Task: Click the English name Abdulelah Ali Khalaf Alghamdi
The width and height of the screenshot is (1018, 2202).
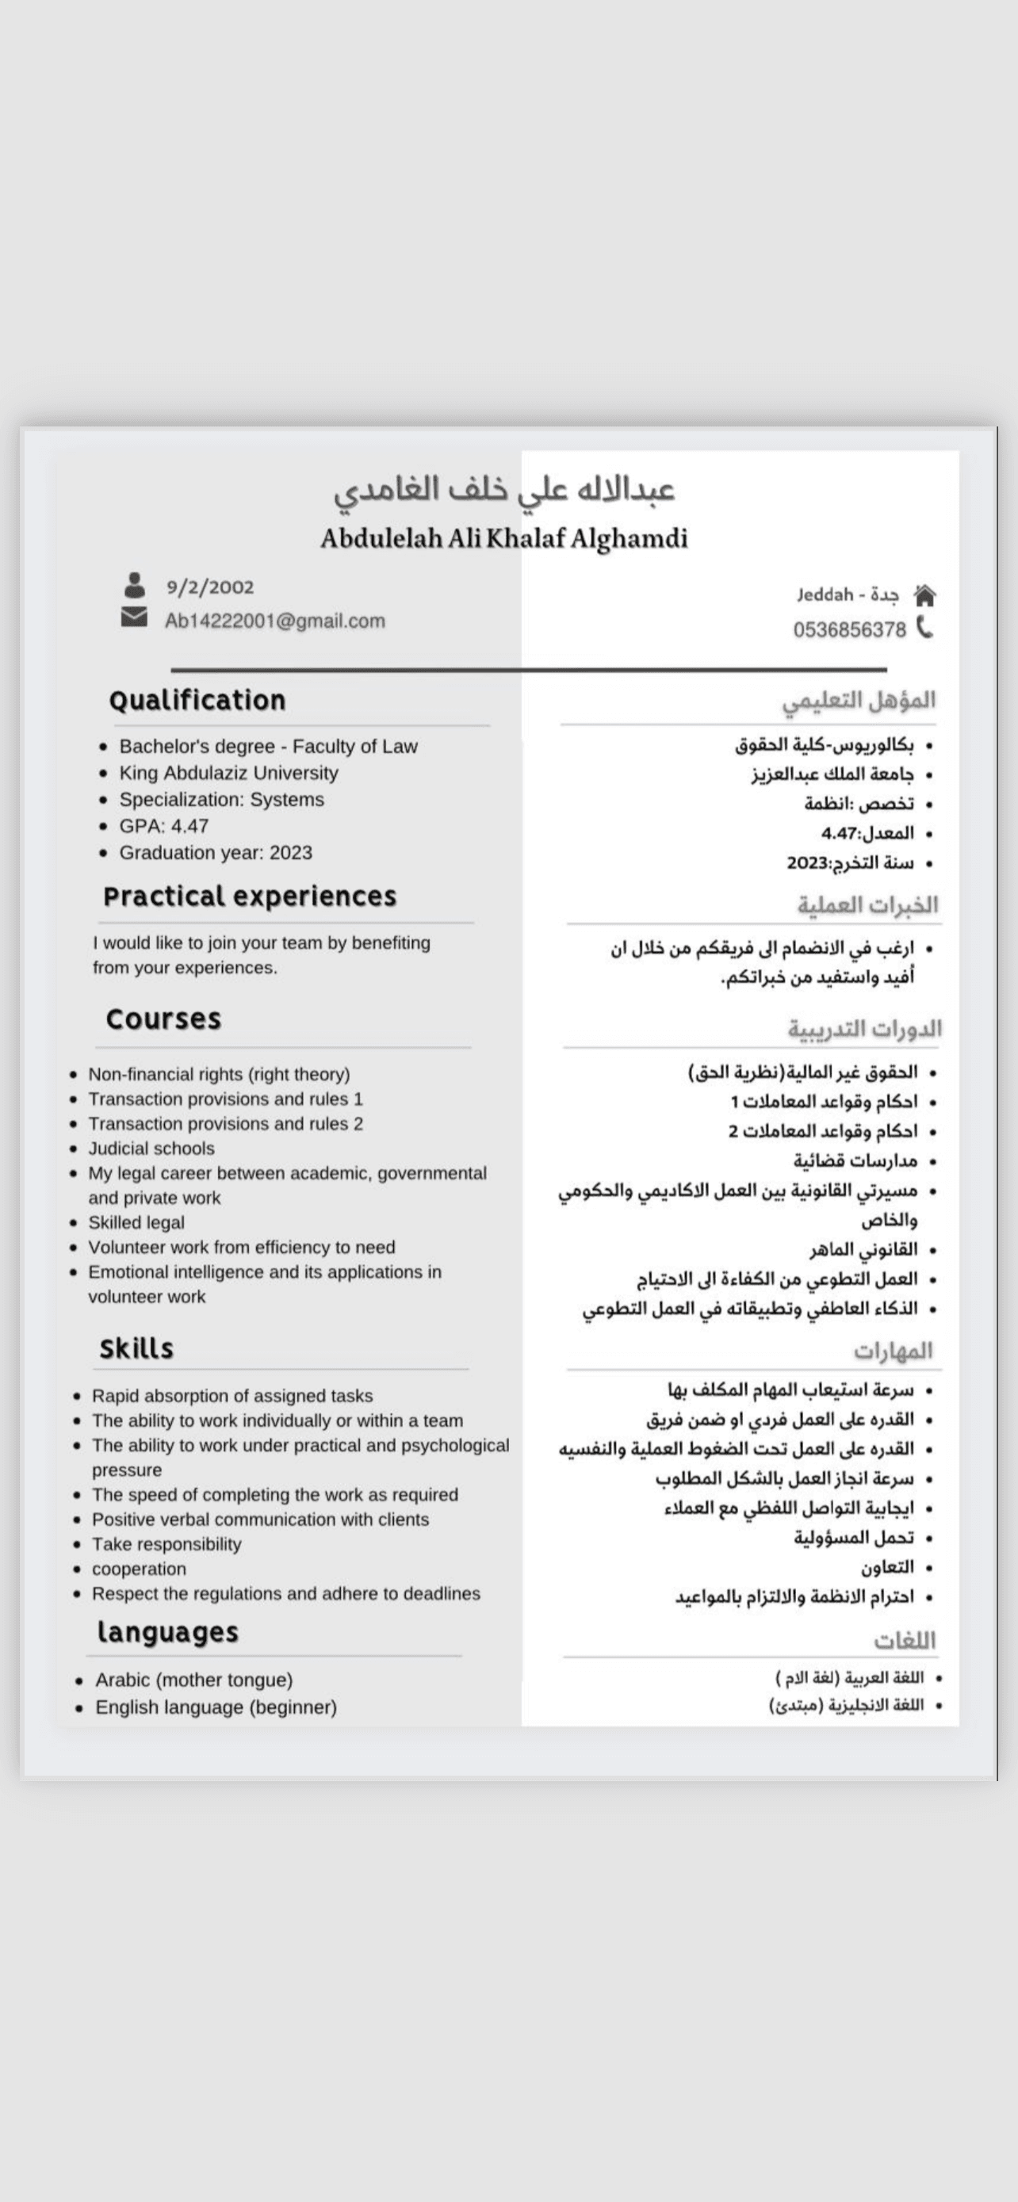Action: [504, 538]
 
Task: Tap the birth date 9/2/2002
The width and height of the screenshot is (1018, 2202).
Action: [210, 587]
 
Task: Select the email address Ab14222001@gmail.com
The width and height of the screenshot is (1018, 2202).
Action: [274, 621]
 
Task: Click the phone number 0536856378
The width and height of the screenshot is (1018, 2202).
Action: [849, 630]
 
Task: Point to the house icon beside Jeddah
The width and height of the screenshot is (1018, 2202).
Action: [924, 595]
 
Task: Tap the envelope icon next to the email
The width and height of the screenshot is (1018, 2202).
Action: [134, 617]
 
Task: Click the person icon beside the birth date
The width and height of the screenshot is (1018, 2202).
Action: [134, 586]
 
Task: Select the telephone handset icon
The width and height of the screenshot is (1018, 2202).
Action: [924, 629]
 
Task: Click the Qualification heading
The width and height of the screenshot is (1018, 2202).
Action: [197, 701]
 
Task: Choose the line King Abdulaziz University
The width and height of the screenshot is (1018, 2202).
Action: [228, 773]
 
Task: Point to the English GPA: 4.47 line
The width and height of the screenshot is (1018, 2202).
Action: [163, 826]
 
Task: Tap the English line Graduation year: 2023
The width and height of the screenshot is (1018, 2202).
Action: [216, 852]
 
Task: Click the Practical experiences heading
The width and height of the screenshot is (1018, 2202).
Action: [250, 896]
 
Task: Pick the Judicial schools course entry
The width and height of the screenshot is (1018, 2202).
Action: [151, 1148]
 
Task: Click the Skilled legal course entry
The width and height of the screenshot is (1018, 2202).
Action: [136, 1222]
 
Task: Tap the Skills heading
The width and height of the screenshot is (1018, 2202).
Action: [136, 1349]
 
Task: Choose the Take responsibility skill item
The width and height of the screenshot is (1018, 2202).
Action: [166, 1544]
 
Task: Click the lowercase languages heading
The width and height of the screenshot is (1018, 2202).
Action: [167, 1632]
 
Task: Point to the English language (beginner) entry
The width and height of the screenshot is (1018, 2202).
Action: [216, 1707]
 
